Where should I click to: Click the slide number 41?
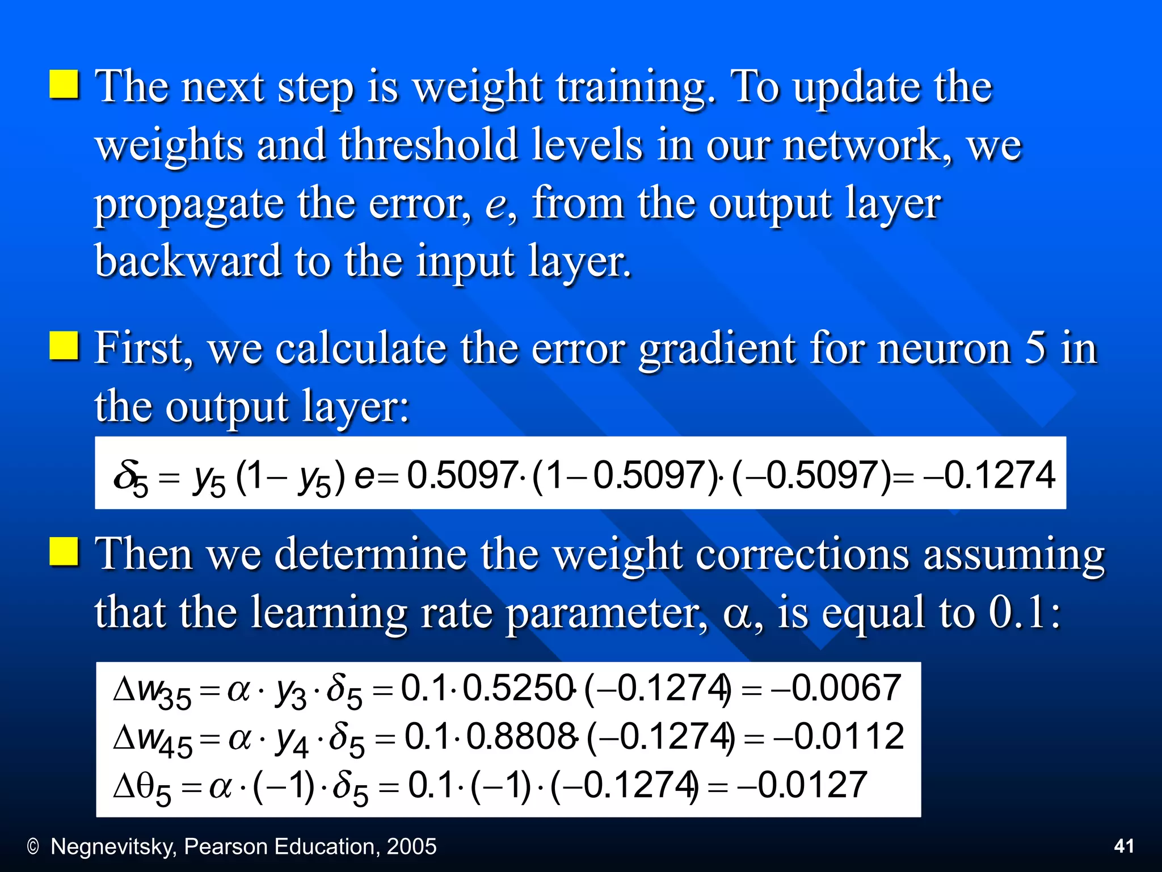[1124, 846]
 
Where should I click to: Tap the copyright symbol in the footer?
[33, 847]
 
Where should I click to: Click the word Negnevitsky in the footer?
[114, 846]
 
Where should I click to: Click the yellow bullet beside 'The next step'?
[64, 85]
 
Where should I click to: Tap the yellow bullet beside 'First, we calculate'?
[64, 346]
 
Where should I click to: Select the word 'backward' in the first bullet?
[188, 261]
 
